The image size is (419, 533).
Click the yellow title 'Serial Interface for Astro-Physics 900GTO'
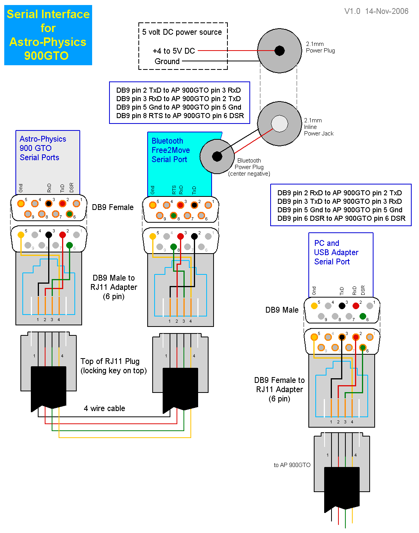[48, 35]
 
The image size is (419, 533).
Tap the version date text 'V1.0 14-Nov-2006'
[376, 11]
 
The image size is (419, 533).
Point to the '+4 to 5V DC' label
[174, 51]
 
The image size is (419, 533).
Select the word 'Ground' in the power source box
[167, 61]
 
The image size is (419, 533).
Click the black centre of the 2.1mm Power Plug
[279, 51]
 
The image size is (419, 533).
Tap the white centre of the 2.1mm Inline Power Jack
[279, 124]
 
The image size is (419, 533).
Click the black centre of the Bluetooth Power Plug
[217, 156]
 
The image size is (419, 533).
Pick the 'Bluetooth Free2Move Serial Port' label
[170, 150]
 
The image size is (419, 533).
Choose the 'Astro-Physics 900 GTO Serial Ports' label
[42, 148]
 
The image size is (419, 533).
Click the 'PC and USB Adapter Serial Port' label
[336, 252]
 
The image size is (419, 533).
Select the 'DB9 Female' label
[113, 207]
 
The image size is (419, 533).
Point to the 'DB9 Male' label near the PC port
[282, 310]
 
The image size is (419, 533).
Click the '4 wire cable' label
[104, 408]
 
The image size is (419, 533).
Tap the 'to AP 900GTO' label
[292, 465]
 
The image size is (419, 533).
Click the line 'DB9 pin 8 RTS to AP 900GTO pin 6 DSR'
[180, 116]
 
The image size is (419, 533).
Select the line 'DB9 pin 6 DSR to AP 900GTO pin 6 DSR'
[341, 218]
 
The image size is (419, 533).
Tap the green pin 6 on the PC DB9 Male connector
[362, 316]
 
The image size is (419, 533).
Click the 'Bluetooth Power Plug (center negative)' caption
[249, 167]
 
